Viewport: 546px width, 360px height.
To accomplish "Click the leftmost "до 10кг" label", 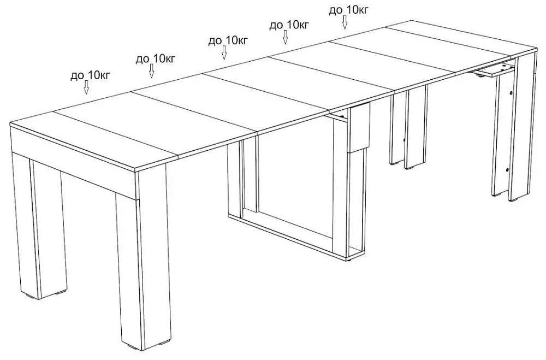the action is click(x=91, y=75).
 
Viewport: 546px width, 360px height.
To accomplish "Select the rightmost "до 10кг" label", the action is click(x=348, y=10).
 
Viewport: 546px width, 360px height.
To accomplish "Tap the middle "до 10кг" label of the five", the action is click(x=228, y=41).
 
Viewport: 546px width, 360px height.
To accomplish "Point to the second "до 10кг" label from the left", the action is click(x=155, y=58).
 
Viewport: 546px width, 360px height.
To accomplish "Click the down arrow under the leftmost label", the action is click(x=86, y=87).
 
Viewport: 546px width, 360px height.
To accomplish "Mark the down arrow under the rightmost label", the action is click(x=345, y=22).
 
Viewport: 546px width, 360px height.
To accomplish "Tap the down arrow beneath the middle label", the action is click(x=224, y=52).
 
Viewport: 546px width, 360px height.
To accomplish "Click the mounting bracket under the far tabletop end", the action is click(x=494, y=70).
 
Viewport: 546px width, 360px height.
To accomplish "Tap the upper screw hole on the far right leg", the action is click(x=510, y=93).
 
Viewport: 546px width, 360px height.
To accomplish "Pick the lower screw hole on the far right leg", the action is click(x=507, y=170).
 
